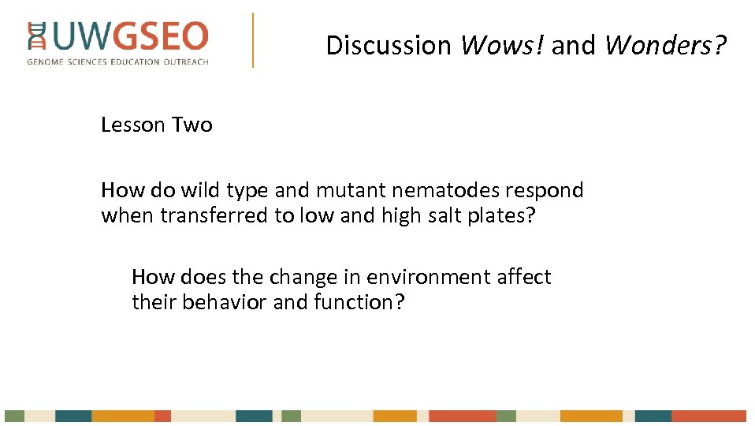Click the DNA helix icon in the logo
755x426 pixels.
36,38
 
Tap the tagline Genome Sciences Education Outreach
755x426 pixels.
118,62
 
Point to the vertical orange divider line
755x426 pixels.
253,39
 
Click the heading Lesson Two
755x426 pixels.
157,125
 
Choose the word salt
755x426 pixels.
442,215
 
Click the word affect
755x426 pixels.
525,277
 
